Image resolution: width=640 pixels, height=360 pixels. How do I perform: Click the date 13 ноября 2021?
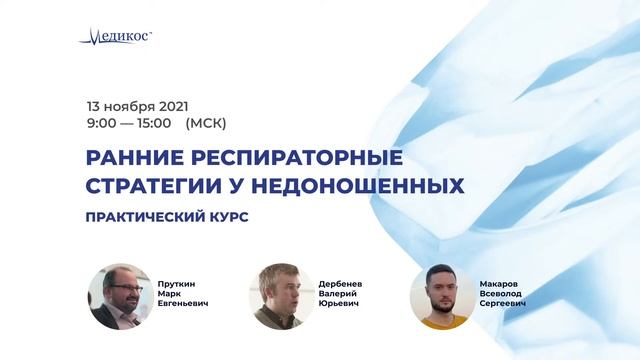pos(138,105)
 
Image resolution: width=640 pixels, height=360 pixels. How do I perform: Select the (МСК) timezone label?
pos(206,123)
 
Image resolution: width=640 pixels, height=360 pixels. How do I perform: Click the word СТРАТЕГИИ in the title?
pos(156,186)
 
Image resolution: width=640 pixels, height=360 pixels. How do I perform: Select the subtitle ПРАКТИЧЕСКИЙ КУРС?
pos(168,216)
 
